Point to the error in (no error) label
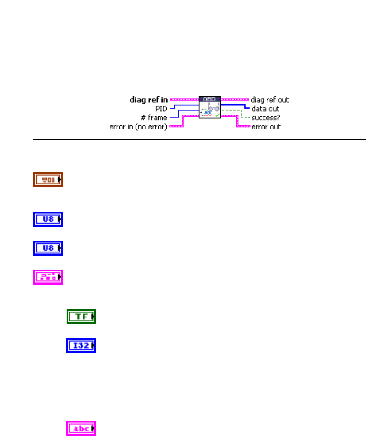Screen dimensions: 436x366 click(x=138, y=127)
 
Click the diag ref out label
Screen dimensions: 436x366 click(x=270, y=100)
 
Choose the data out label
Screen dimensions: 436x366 click(x=265, y=109)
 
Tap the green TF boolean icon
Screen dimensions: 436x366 click(x=81, y=317)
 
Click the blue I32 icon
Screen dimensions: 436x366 click(x=81, y=346)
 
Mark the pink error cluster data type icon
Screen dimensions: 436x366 click(x=48, y=276)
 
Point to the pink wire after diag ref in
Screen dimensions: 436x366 click(x=184, y=100)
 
